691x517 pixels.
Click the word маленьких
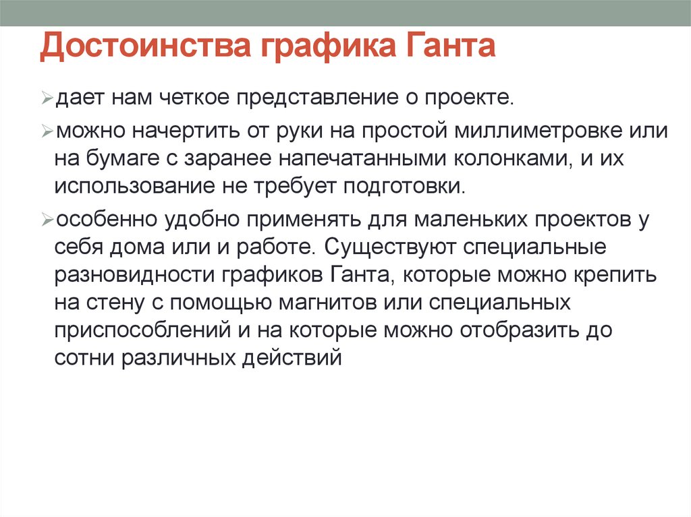tap(464, 220)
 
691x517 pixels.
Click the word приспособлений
tap(135, 330)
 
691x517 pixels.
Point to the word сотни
tap(83, 358)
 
